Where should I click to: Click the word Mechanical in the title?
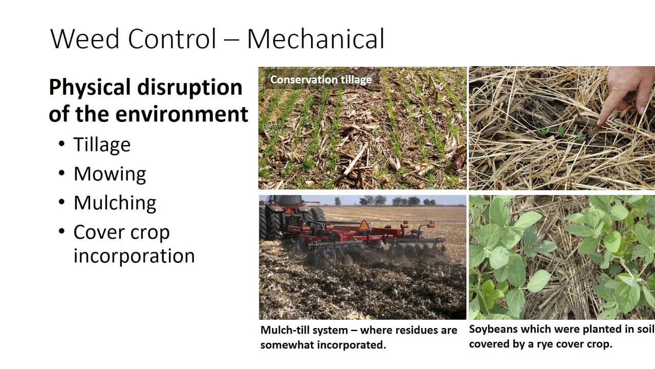[x=316, y=38]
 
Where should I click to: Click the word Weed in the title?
[x=85, y=38]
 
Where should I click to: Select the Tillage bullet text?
[x=102, y=145]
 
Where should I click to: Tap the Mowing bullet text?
[x=110, y=174]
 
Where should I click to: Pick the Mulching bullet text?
[x=115, y=202]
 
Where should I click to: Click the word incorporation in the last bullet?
[x=134, y=256]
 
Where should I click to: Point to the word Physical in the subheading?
[x=90, y=88]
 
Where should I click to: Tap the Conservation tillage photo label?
[x=321, y=79]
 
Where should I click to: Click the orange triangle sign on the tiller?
[x=364, y=225]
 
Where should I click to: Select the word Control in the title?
[x=172, y=38]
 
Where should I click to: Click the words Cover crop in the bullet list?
[x=121, y=233]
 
